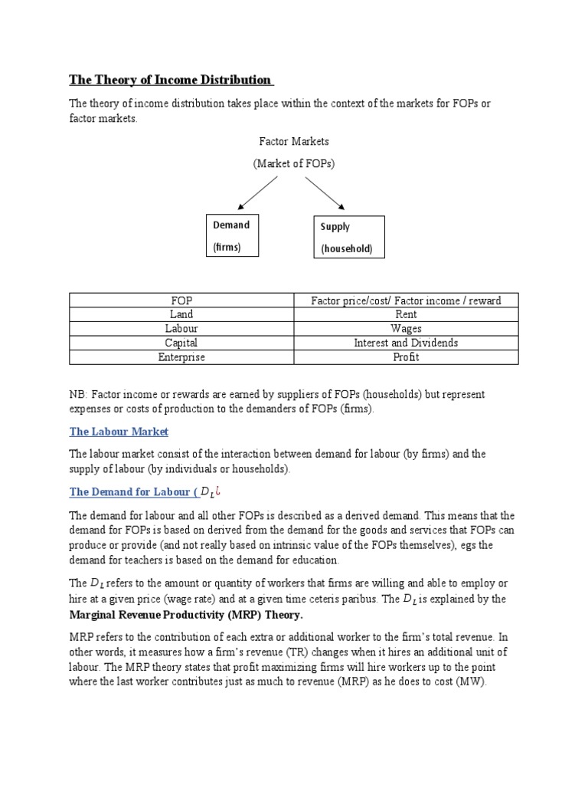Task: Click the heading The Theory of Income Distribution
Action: [170, 80]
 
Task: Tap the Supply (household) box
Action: [350, 238]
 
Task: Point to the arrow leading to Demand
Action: [258, 192]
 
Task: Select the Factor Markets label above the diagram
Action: [294, 142]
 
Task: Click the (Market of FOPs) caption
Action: [294, 163]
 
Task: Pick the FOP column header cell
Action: [181, 300]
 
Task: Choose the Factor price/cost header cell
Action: [406, 300]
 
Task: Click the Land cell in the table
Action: [181, 314]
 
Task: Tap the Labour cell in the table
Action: [181, 329]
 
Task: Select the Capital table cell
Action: [181, 343]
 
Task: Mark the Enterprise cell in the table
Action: [181, 357]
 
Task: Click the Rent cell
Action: [406, 314]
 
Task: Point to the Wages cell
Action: [406, 329]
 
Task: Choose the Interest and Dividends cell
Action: [406, 343]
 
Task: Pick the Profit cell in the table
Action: [406, 357]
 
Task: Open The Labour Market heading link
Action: [119, 432]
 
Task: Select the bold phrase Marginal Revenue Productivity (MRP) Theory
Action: [186, 615]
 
